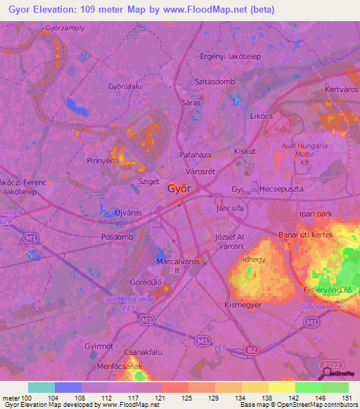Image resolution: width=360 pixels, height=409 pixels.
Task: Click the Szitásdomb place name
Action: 214,82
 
